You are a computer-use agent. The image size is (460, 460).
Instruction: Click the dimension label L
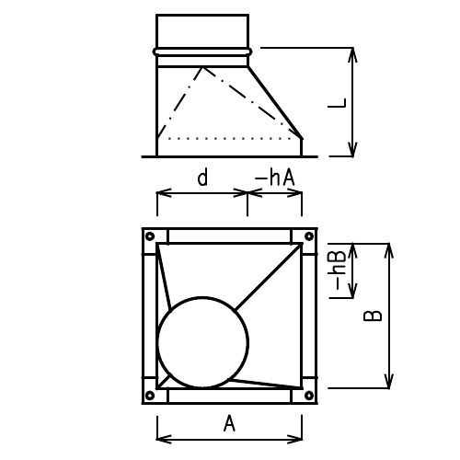click(x=337, y=103)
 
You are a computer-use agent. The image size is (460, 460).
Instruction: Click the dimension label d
click(x=201, y=177)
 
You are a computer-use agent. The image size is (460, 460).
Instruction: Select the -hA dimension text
click(x=274, y=177)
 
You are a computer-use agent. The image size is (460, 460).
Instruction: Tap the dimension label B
click(x=372, y=316)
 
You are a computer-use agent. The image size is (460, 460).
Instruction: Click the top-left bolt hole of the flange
click(x=147, y=236)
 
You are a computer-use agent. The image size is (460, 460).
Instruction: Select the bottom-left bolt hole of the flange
click(x=147, y=397)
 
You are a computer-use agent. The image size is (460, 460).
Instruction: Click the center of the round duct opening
click(x=203, y=341)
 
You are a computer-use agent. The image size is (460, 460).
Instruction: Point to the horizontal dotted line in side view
click(x=230, y=138)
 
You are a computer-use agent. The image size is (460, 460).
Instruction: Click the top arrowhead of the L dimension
click(x=353, y=52)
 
